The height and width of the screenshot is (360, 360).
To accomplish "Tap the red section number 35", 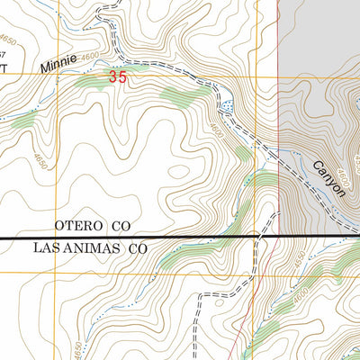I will (117, 78).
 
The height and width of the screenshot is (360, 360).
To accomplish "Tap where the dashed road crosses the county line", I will (262, 237).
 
